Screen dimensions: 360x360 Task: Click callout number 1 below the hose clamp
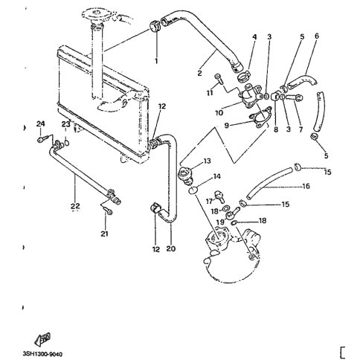[x=156, y=60]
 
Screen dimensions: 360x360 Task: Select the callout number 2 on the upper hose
[x=199, y=74]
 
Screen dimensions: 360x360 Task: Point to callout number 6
[x=316, y=36]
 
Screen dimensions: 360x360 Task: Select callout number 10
[x=218, y=113]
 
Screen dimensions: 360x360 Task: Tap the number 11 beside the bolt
[x=210, y=94]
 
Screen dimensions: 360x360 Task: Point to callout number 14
[x=216, y=177]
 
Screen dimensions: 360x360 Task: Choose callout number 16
[x=305, y=187]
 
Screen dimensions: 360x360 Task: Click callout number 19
[x=220, y=222]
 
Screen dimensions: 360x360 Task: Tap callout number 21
[x=105, y=234]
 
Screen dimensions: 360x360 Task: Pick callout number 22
[x=74, y=206]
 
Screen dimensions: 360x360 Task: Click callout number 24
[x=41, y=123]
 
